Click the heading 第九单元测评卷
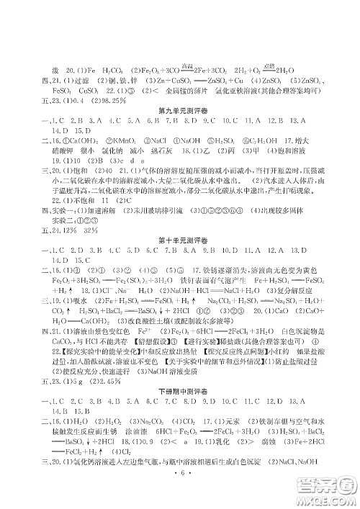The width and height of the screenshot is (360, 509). click(x=179, y=112)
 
